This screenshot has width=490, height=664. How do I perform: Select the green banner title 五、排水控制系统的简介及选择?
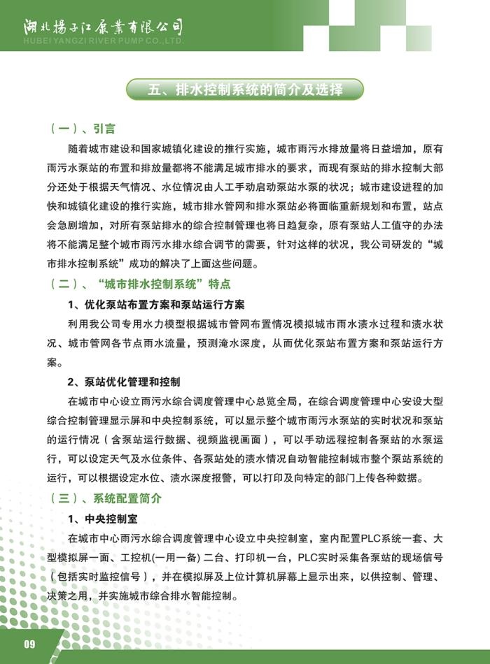click(x=245, y=89)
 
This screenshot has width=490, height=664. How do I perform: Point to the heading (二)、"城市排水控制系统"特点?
click(x=141, y=284)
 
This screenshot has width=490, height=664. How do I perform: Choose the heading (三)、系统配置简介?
click(x=106, y=499)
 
